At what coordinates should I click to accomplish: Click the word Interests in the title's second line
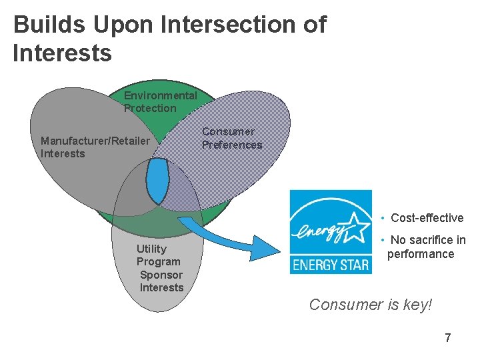coord(62,53)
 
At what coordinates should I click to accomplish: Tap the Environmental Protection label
coord(159,102)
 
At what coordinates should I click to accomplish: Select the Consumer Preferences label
coord(232,138)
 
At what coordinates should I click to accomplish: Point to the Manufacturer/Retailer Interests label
coord(95,147)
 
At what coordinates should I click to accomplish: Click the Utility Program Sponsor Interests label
coord(160,268)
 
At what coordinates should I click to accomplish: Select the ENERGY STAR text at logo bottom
coord(331,264)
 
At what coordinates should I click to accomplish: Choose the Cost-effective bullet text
coord(427,218)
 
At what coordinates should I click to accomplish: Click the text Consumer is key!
coord(371,305)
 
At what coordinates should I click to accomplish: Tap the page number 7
coord(447,338)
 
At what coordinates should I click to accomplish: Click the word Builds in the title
coord(50,25)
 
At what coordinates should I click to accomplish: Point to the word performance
coord(421,254)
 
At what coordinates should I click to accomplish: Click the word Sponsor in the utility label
coord(161,275)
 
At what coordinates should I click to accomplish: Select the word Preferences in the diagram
coord(232,145)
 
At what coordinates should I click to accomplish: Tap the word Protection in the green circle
coord(150,108)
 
